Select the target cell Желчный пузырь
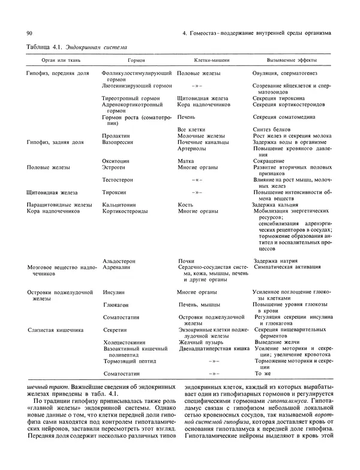pyautogui.click(x=199, y=342)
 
